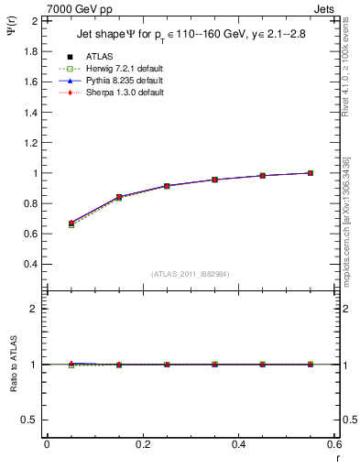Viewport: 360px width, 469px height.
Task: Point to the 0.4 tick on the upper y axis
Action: click(31, 264)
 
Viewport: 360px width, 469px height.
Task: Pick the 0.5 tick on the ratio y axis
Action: click(31, 420)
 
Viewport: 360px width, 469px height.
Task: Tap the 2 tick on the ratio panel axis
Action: click(35, 309)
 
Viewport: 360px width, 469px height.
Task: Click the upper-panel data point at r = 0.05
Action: click(71, 223)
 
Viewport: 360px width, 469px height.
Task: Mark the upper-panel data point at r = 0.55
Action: click(310, 173)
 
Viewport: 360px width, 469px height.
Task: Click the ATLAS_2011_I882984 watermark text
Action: click(190, 274)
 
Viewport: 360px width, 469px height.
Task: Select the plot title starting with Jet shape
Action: click(190, 36)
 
